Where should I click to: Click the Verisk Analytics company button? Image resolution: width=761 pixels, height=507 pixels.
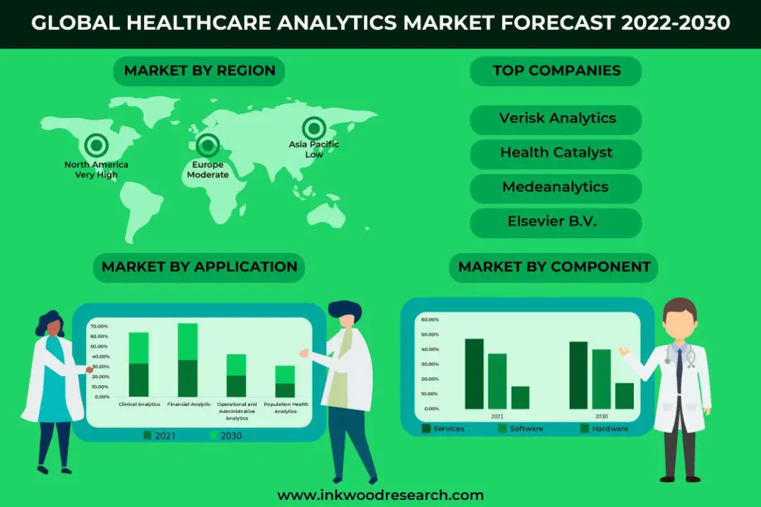(x=556, y=119)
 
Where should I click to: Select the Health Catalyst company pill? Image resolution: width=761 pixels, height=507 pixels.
(x=556, y=154)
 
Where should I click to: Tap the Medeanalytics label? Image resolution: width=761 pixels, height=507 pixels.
(x=556, y=187)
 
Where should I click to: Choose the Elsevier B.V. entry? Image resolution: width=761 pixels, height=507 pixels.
(x=556, y=223)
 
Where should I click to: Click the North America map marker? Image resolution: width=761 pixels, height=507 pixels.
(x=96, y=145)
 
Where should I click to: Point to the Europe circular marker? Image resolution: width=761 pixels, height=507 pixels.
(x=207, y=145)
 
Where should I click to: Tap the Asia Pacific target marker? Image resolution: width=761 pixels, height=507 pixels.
(x=314, y=129)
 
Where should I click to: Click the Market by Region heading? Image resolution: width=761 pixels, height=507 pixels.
(x=199, y=71)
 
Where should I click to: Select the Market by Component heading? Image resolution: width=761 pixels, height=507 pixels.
(x=554, y=267)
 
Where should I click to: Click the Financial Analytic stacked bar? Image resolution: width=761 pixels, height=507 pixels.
(x=188, y=360)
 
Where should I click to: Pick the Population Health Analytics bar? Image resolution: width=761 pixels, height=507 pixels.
(x=285, y=381)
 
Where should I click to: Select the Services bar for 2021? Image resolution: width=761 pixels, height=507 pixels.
(x=474, y=374)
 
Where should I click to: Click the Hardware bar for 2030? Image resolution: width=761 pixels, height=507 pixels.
(x=625, y=396)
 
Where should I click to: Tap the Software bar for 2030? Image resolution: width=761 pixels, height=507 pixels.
(x=601, y=379)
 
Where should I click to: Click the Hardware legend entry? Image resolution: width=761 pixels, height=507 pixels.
(x=604, y=429)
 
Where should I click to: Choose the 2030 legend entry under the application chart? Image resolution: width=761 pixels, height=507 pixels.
(x=226, y=436)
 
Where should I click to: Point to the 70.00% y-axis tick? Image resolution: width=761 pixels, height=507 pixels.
(x=99, y=326)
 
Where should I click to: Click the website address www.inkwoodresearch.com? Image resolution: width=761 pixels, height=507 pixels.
(x=381, y=496)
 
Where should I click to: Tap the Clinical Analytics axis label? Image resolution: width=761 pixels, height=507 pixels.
(x=139, y=404)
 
